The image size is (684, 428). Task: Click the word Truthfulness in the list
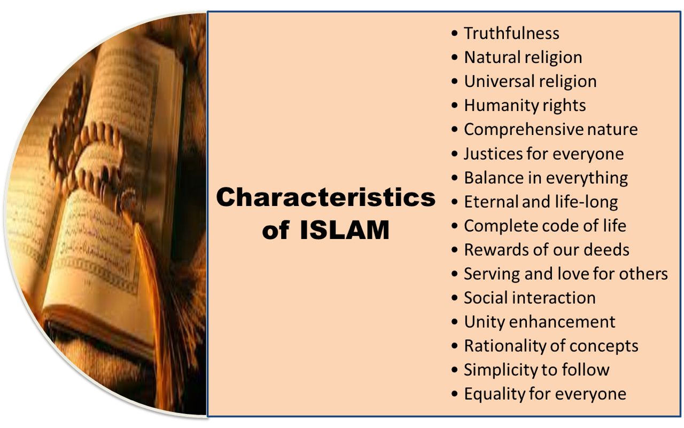(511, 33)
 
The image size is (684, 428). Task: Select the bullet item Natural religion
(523, 57)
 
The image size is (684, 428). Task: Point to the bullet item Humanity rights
(524, 105)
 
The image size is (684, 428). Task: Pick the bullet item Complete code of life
(545, 226)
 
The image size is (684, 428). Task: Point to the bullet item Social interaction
(529, 298)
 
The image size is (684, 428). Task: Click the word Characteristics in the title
(325, 197)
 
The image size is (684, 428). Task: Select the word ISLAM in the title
(344, 231)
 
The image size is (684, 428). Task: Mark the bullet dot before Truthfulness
(454, 34)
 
